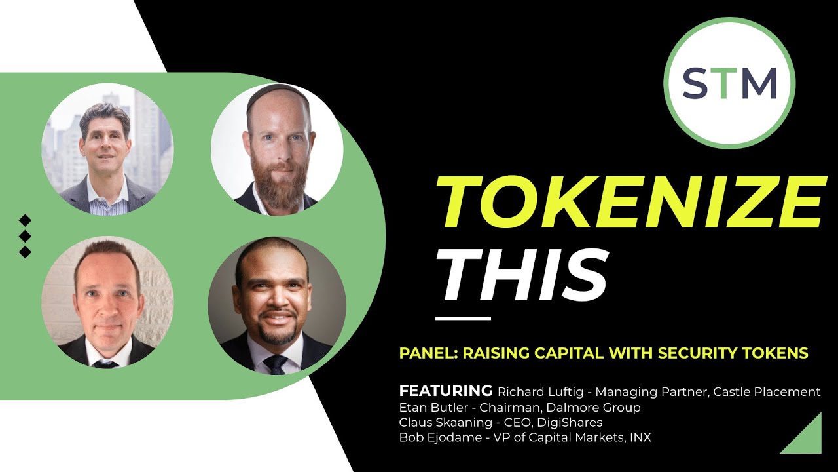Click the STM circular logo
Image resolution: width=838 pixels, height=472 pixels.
pos(729,83)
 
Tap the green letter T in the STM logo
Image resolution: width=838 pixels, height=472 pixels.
pos(729,83)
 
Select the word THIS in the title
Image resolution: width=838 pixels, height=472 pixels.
pos(522,276)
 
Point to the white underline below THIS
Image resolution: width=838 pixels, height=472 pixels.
pos(463,319)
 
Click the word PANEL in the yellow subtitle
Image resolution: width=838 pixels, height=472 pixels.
pos(426,353)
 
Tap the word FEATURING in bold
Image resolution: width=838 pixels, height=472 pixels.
pos(445,391)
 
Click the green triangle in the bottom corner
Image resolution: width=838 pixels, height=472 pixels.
pos(805,437)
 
